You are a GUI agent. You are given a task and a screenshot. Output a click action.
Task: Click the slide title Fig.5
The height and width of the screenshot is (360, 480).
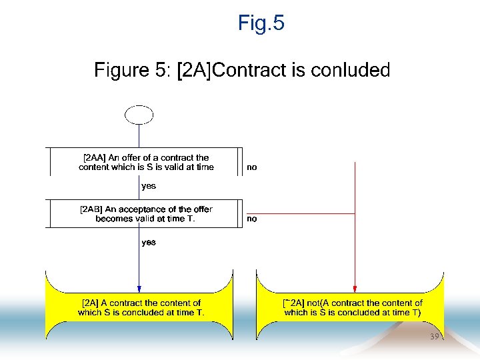tap(261, 24)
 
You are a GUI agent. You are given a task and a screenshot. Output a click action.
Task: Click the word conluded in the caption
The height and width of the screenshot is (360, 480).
tap(357, 71)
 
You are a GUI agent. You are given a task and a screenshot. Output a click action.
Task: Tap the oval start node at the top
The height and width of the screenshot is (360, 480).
tap(139, 115)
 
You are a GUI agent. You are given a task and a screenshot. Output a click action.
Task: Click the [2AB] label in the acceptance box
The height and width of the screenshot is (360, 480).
tap(93, 209)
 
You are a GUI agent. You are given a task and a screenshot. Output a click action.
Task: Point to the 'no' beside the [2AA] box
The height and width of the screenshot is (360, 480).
tap(252, 168)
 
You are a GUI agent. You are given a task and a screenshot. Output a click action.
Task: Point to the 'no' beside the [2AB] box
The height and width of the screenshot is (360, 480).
tap(252, 219)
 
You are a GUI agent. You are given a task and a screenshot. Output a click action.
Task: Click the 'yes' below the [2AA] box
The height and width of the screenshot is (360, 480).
tap(149, 186)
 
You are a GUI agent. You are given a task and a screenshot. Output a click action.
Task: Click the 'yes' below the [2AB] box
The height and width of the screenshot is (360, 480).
tap(149, 242)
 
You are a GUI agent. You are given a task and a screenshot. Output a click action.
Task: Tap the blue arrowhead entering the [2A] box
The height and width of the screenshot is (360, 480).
tap(139, 289)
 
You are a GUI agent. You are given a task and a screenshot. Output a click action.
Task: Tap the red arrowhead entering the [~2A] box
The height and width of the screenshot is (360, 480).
tap(355, 289)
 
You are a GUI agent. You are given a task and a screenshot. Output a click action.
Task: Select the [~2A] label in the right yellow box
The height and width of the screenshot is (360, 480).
tap(294, 303)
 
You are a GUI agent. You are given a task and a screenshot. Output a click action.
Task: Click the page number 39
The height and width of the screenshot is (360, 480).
tap(435, 337)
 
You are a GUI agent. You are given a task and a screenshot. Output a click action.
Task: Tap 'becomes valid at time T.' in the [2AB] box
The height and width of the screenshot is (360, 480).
tap(145, 219)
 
